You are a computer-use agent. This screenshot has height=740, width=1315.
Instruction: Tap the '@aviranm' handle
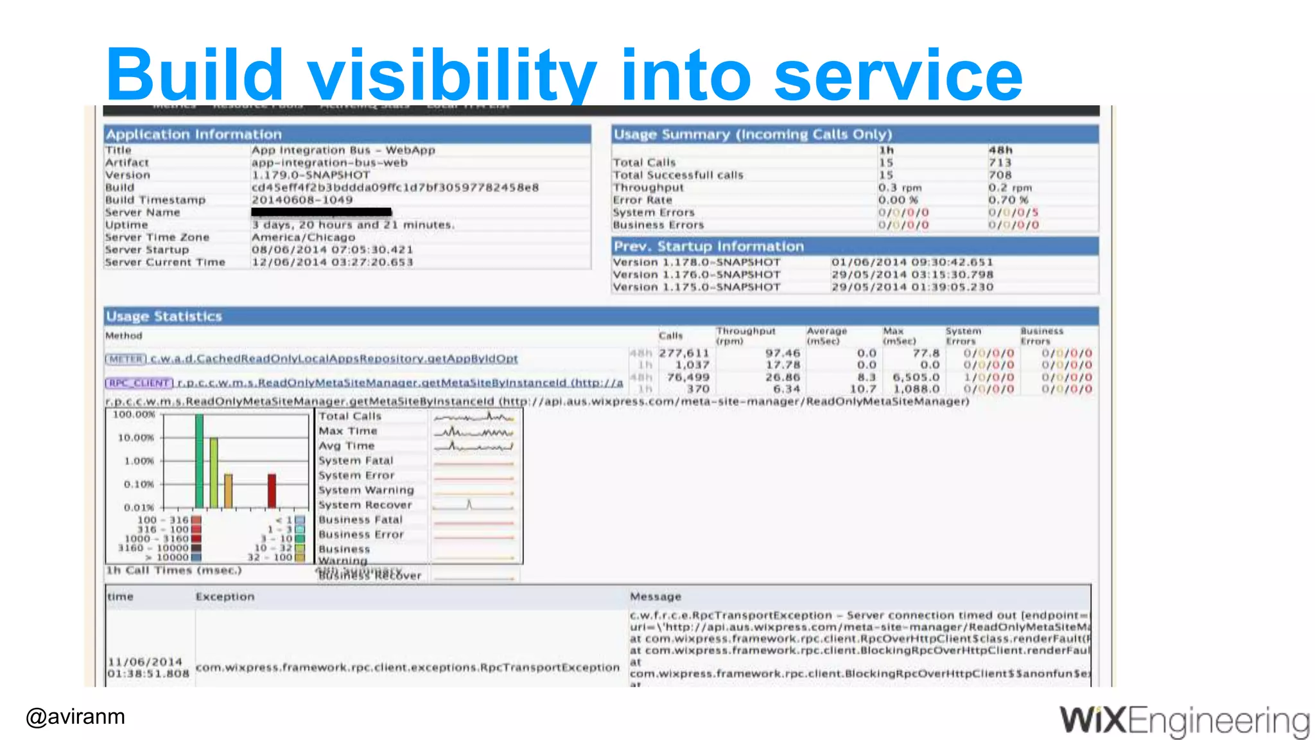pyautogui.click(x=75, y=716)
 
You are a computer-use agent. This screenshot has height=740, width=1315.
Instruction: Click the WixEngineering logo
pyautogui.click(x=1184, y=721)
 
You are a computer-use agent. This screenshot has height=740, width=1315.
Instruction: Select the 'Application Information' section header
pyautogui.click(x=194, y=134)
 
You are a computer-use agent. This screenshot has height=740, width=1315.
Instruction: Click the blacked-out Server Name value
pyautogui.click(x=321, y=212)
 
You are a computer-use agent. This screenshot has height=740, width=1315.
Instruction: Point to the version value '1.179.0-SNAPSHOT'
pyautogui.click(x=311, y=175)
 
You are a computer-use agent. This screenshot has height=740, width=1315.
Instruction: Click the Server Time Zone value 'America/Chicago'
pyautogui.click(x=303, y=237)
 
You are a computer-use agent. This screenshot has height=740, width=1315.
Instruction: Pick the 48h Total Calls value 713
pyautogui.click(x=1000, y=163)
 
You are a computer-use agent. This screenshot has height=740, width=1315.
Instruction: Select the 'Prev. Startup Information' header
pyautogui.click(x=708, y=247)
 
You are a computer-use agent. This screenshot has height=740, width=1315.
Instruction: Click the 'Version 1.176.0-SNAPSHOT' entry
pyautogui.click(x=697, y=274)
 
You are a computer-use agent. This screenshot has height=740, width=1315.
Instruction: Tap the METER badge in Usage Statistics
pyautogui.click(x=126, y=359)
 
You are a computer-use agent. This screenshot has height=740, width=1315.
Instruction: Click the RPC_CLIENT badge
pyautogui.click(x=139, y=383)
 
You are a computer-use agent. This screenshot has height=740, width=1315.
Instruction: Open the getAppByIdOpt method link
pyautogui.click(x=334, y=358)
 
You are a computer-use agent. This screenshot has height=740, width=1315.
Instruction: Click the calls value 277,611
pyautogui.click(x=684, y=353)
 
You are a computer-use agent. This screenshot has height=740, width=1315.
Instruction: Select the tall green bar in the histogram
pyautogui.click(x=199, y=461)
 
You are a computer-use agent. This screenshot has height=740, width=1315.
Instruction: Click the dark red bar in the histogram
pyautogui.click(x=272, y=491)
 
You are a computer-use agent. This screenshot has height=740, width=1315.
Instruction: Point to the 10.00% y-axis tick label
pyautogui.click(x=135, y=437)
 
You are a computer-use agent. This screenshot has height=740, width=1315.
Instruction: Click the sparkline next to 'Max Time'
pyautogui.click(x=474, y=432)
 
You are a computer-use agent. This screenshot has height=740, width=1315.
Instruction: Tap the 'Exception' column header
pyautogui.click(x=225, y=597)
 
